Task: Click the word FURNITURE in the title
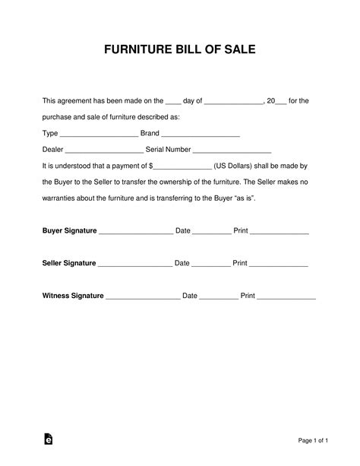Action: tap(134, 51)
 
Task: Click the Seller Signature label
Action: tap(68, 263)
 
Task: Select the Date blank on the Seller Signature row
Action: tap(210, 265)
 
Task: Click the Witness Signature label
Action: tap(72, 295)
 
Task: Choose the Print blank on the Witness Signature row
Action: tap(286, 296)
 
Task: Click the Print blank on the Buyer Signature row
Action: tap(279, 232)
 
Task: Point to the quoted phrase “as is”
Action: tap(264, 198)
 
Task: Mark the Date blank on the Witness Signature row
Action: tap(219, 296)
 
